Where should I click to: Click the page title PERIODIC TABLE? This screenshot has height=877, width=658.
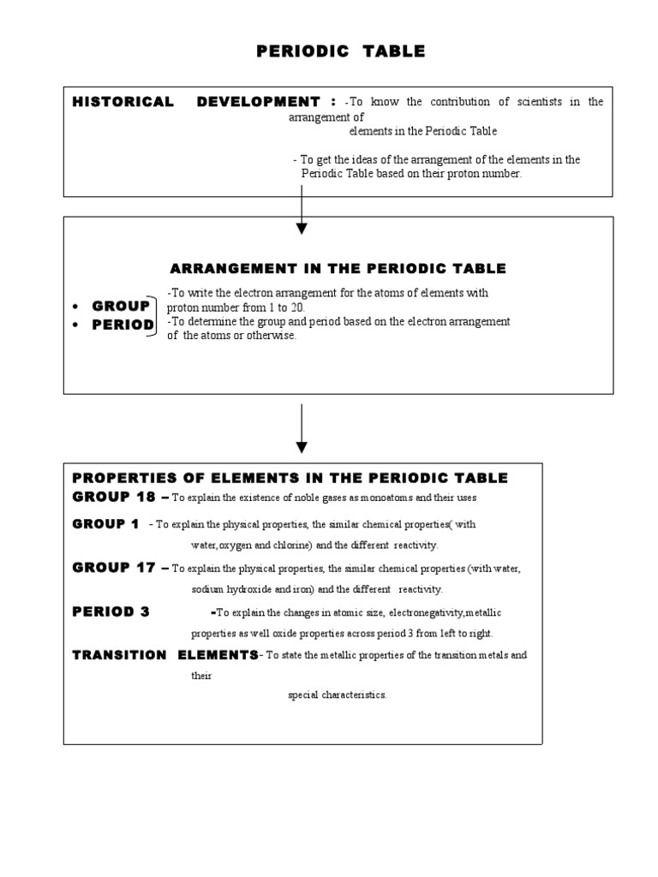click(341, 51)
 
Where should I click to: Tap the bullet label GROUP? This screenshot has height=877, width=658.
click(121, 307)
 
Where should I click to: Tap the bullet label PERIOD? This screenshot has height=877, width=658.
click(123, 325)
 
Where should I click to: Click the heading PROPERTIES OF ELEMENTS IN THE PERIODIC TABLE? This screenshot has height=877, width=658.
click(290, 478)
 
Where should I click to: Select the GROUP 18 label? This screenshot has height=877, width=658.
click(114, 497)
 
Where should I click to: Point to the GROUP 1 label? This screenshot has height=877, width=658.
click(105, 524)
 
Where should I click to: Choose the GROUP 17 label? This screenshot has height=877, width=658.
click(114, 568)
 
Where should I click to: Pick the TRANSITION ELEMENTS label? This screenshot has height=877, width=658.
click(164, 655)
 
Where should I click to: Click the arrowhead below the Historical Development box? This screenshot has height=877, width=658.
click(302, 228)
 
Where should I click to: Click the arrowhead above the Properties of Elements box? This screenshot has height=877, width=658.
click(302, 446)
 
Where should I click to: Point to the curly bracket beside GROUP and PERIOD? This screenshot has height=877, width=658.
click(159, 315)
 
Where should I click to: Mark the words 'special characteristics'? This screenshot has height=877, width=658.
click(338, 695)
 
